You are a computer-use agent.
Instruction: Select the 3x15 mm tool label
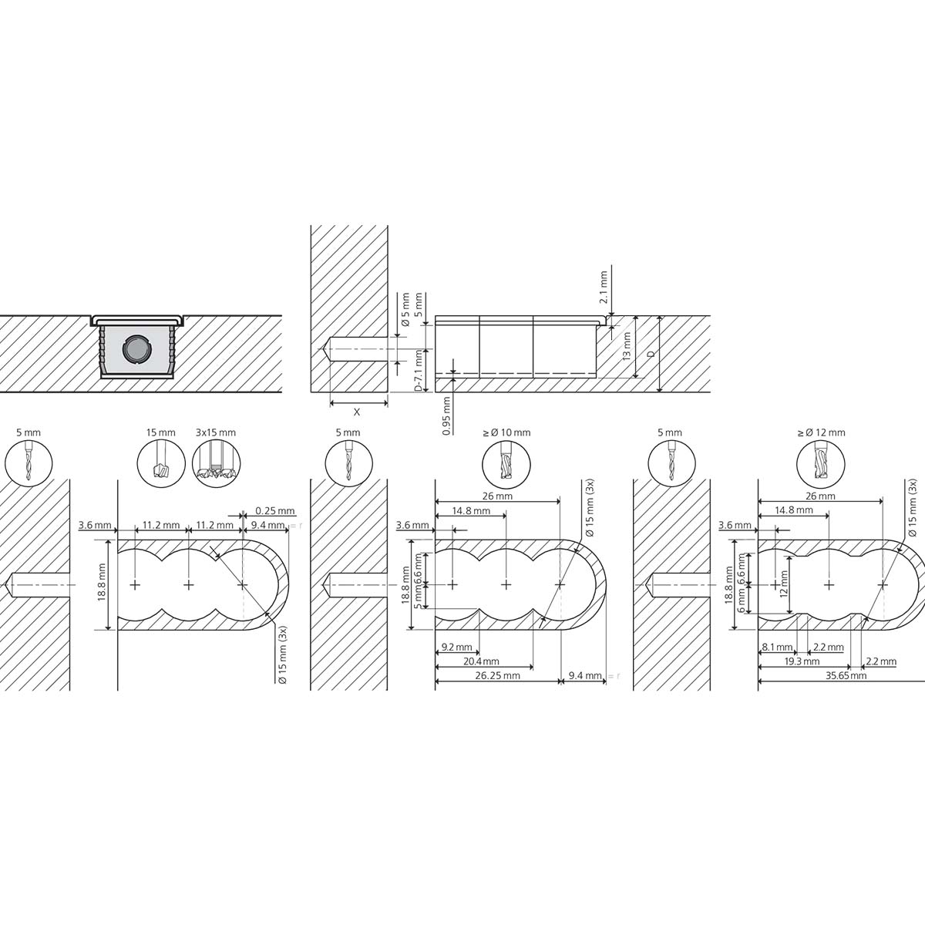tap(216, 433)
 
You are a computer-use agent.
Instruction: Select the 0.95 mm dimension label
tap(446, 415)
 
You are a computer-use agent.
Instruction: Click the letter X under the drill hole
tap(356, 412)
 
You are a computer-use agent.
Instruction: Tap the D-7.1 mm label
tap(419, 370)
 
